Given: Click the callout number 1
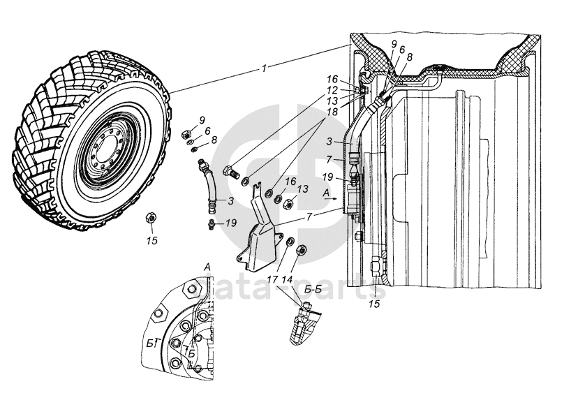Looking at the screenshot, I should point(264,68).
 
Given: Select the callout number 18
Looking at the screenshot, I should point(332,112).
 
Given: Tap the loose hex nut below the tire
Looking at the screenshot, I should point(149,218).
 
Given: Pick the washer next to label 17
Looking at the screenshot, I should point(288,242).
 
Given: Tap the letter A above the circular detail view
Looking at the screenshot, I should point(207,267).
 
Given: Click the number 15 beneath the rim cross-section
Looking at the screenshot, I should point(374,304).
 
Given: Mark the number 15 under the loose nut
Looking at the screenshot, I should point(151,241).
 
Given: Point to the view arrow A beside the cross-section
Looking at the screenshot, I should point(335,200).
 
